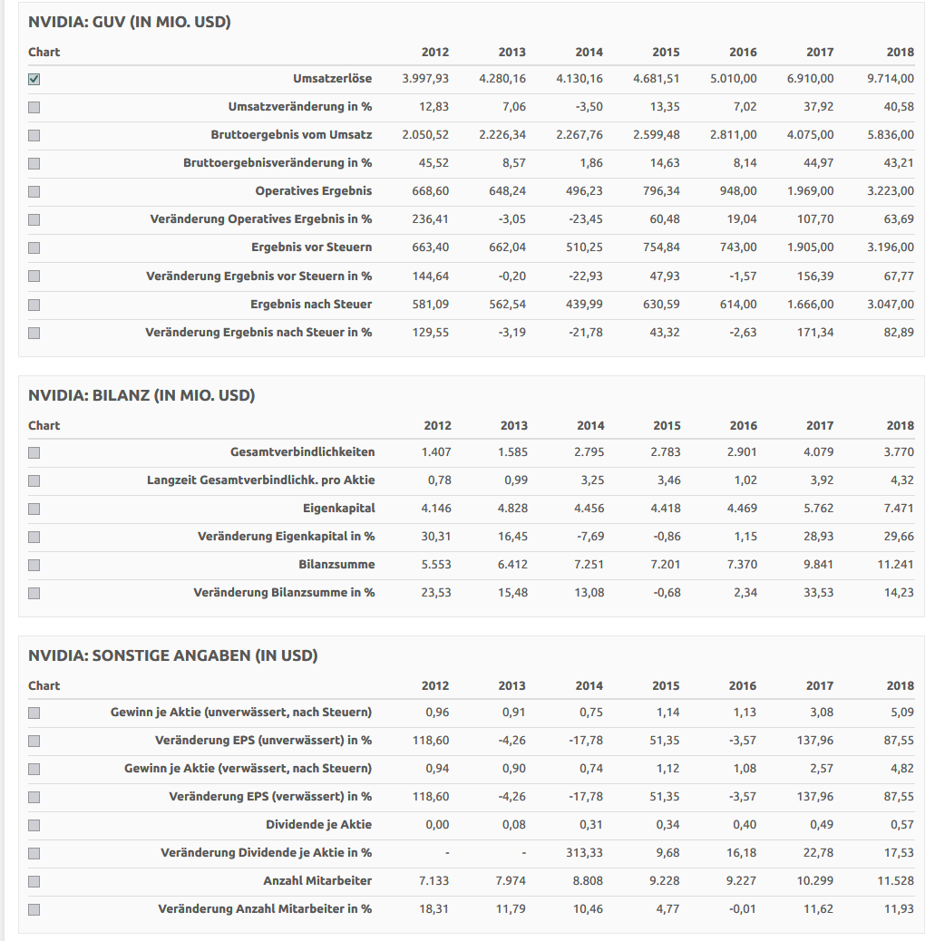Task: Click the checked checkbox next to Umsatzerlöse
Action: (34, 79)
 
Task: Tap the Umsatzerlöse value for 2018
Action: (890, 79)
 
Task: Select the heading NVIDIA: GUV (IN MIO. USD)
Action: (130, 22)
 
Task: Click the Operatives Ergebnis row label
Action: (313, 191)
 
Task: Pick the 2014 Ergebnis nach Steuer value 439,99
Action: (583, 304)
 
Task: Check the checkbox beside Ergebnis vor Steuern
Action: (34, 247)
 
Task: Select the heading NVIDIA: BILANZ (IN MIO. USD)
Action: (141, 395)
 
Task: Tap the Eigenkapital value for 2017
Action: (819, 508)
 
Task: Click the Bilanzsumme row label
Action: (336, 565)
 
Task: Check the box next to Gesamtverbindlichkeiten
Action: (34, 452)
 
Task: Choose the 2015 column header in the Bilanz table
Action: (667, 425)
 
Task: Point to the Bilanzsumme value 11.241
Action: (895, 565)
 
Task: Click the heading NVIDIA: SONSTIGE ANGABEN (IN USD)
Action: (173, 655)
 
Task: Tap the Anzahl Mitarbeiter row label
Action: (317, 880)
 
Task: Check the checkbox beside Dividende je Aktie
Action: (34, 825)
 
